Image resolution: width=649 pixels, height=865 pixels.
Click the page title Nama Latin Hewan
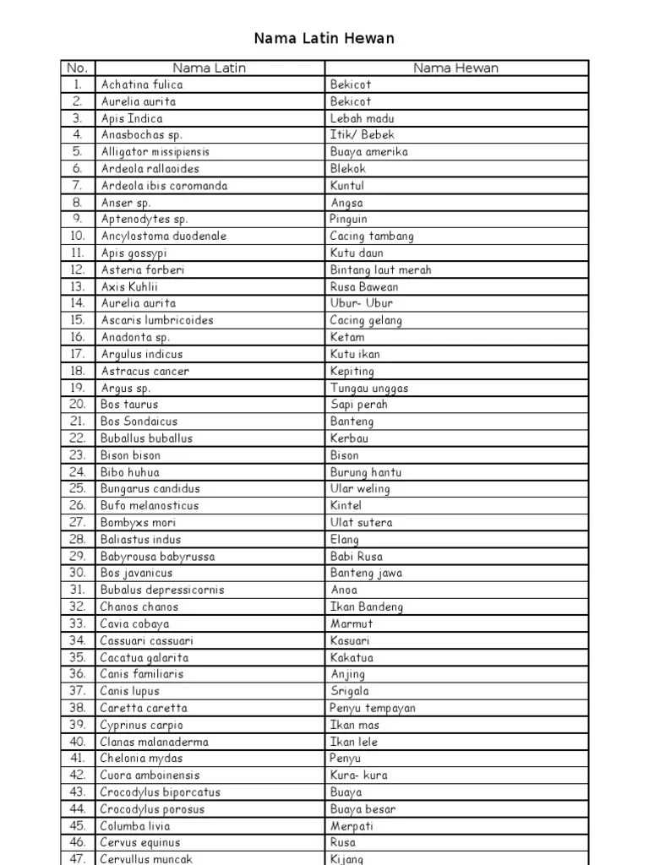click(324, 38)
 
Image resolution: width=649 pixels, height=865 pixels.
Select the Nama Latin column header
click(209, 68)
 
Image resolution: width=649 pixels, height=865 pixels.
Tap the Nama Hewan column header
click(455, 68)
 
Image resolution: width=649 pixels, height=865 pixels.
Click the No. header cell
click(77, 68)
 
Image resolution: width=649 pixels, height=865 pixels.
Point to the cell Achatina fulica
click(141, 84)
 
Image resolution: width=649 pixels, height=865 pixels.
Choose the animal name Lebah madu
click(362, 118)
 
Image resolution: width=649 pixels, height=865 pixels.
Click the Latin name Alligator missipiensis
click(155, 152)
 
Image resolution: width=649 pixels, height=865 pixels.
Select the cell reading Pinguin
click(348, 219)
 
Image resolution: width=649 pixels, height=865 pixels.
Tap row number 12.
click(78, 269)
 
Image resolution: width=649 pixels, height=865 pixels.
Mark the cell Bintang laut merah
click(380, 269)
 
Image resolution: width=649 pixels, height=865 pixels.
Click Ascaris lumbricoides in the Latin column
click(157, 320)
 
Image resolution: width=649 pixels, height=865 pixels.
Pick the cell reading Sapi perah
click(359, 405)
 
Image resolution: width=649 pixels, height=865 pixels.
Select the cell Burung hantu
click(366, 472)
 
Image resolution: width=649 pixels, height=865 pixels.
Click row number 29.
click(78, 556)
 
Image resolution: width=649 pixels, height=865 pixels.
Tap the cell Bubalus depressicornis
click(162, 590)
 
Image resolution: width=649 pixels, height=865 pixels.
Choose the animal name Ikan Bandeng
click(366, 607)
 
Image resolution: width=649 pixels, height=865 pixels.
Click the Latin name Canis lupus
click(129, 691)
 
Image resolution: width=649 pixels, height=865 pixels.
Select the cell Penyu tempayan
click(372, 708)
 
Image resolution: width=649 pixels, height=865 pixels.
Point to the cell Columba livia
click(134, 825)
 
